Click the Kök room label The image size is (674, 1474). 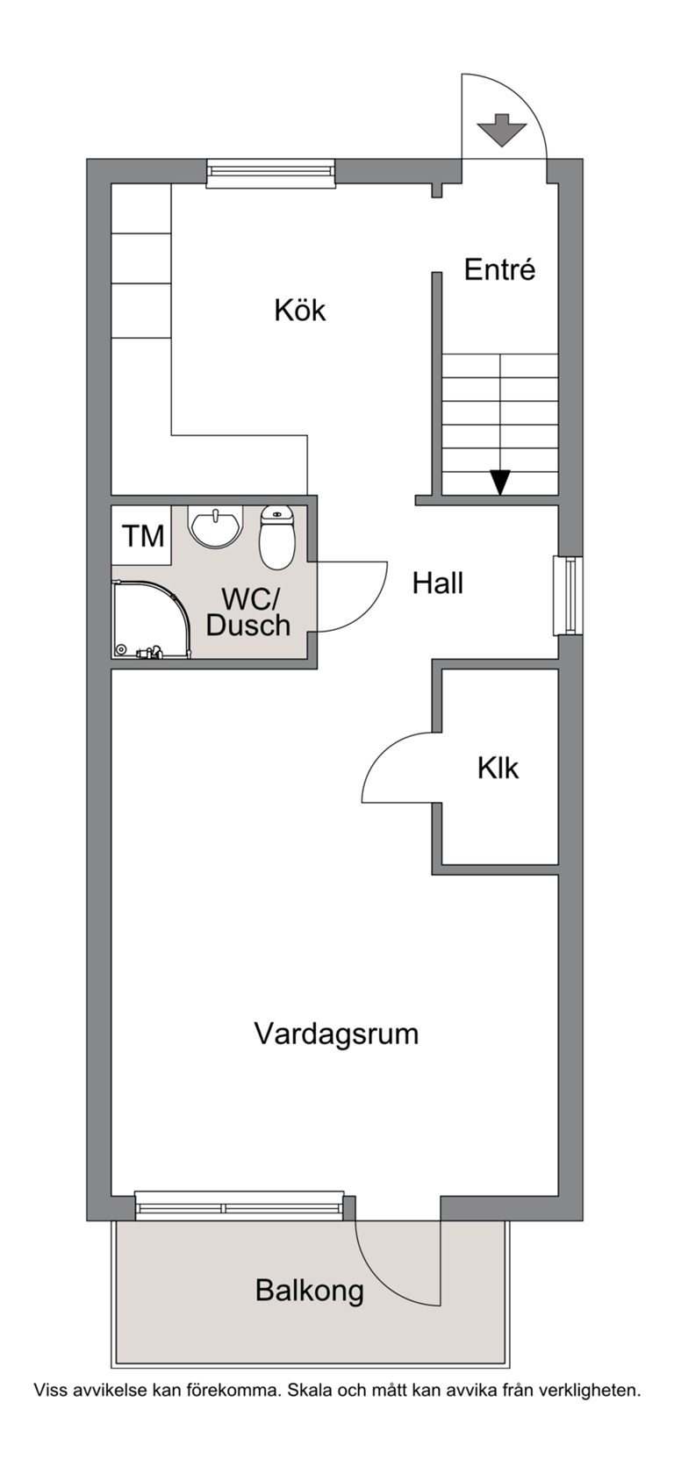pos(300,310)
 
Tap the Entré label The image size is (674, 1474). pos(499,270)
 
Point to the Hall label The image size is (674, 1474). pos(438,583)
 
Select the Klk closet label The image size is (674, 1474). pos(498,768)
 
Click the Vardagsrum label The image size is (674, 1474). pos(336,1034)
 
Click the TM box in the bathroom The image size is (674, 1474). pos(142,535)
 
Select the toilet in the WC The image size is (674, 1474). pos(277,537)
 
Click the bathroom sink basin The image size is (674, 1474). pos(215,526)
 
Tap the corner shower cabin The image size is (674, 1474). pos(151,619)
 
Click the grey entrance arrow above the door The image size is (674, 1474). pos(502,130)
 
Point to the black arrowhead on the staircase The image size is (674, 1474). pos(501,483)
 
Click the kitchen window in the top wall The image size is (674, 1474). pos(271,172)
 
